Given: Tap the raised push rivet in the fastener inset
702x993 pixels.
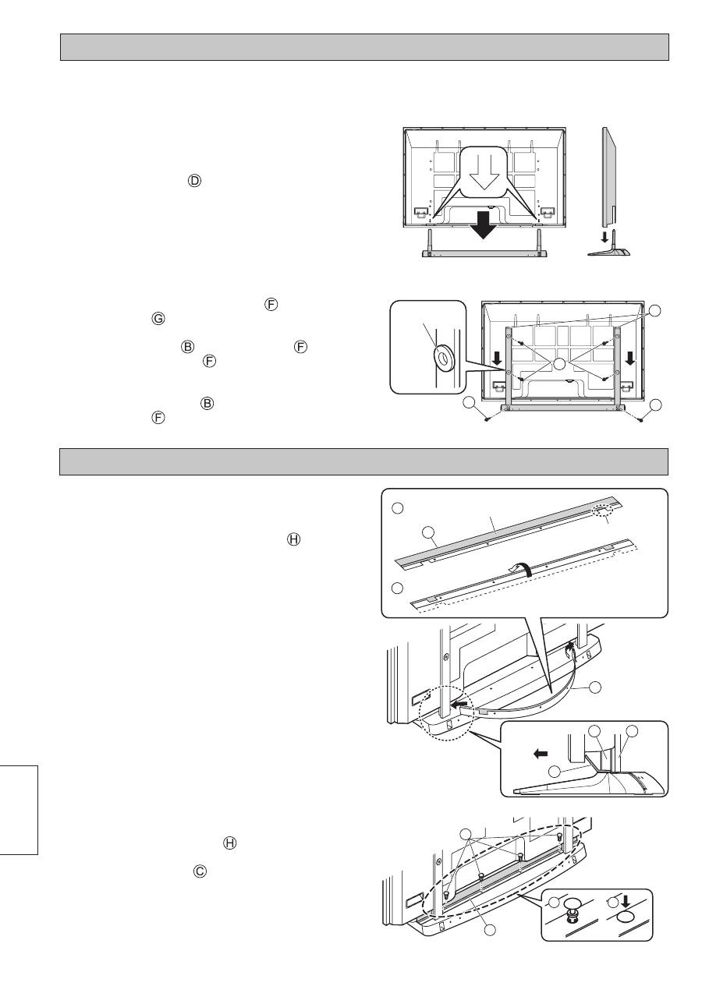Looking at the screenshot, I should pos(572,907).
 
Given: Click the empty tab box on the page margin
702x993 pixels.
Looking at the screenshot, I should pos(19,809).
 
